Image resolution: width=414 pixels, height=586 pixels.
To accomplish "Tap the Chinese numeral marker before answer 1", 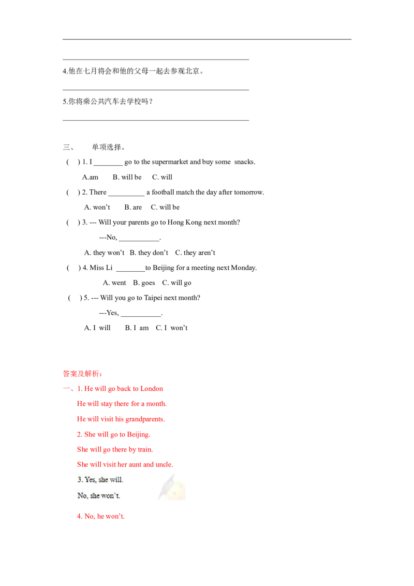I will tap(66, 388).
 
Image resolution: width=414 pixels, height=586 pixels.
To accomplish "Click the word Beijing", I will tap(139, 434).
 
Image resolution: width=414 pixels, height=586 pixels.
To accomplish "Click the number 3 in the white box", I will tap(79, 480).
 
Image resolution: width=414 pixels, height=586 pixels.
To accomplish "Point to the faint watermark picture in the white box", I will tap(172, 488).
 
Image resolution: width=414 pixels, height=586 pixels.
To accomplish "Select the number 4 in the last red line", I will tap(79, 516).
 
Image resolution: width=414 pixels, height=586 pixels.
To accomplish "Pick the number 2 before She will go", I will tap(79, 434).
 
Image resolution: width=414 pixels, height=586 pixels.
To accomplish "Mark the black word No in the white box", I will tap(82, 495).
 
